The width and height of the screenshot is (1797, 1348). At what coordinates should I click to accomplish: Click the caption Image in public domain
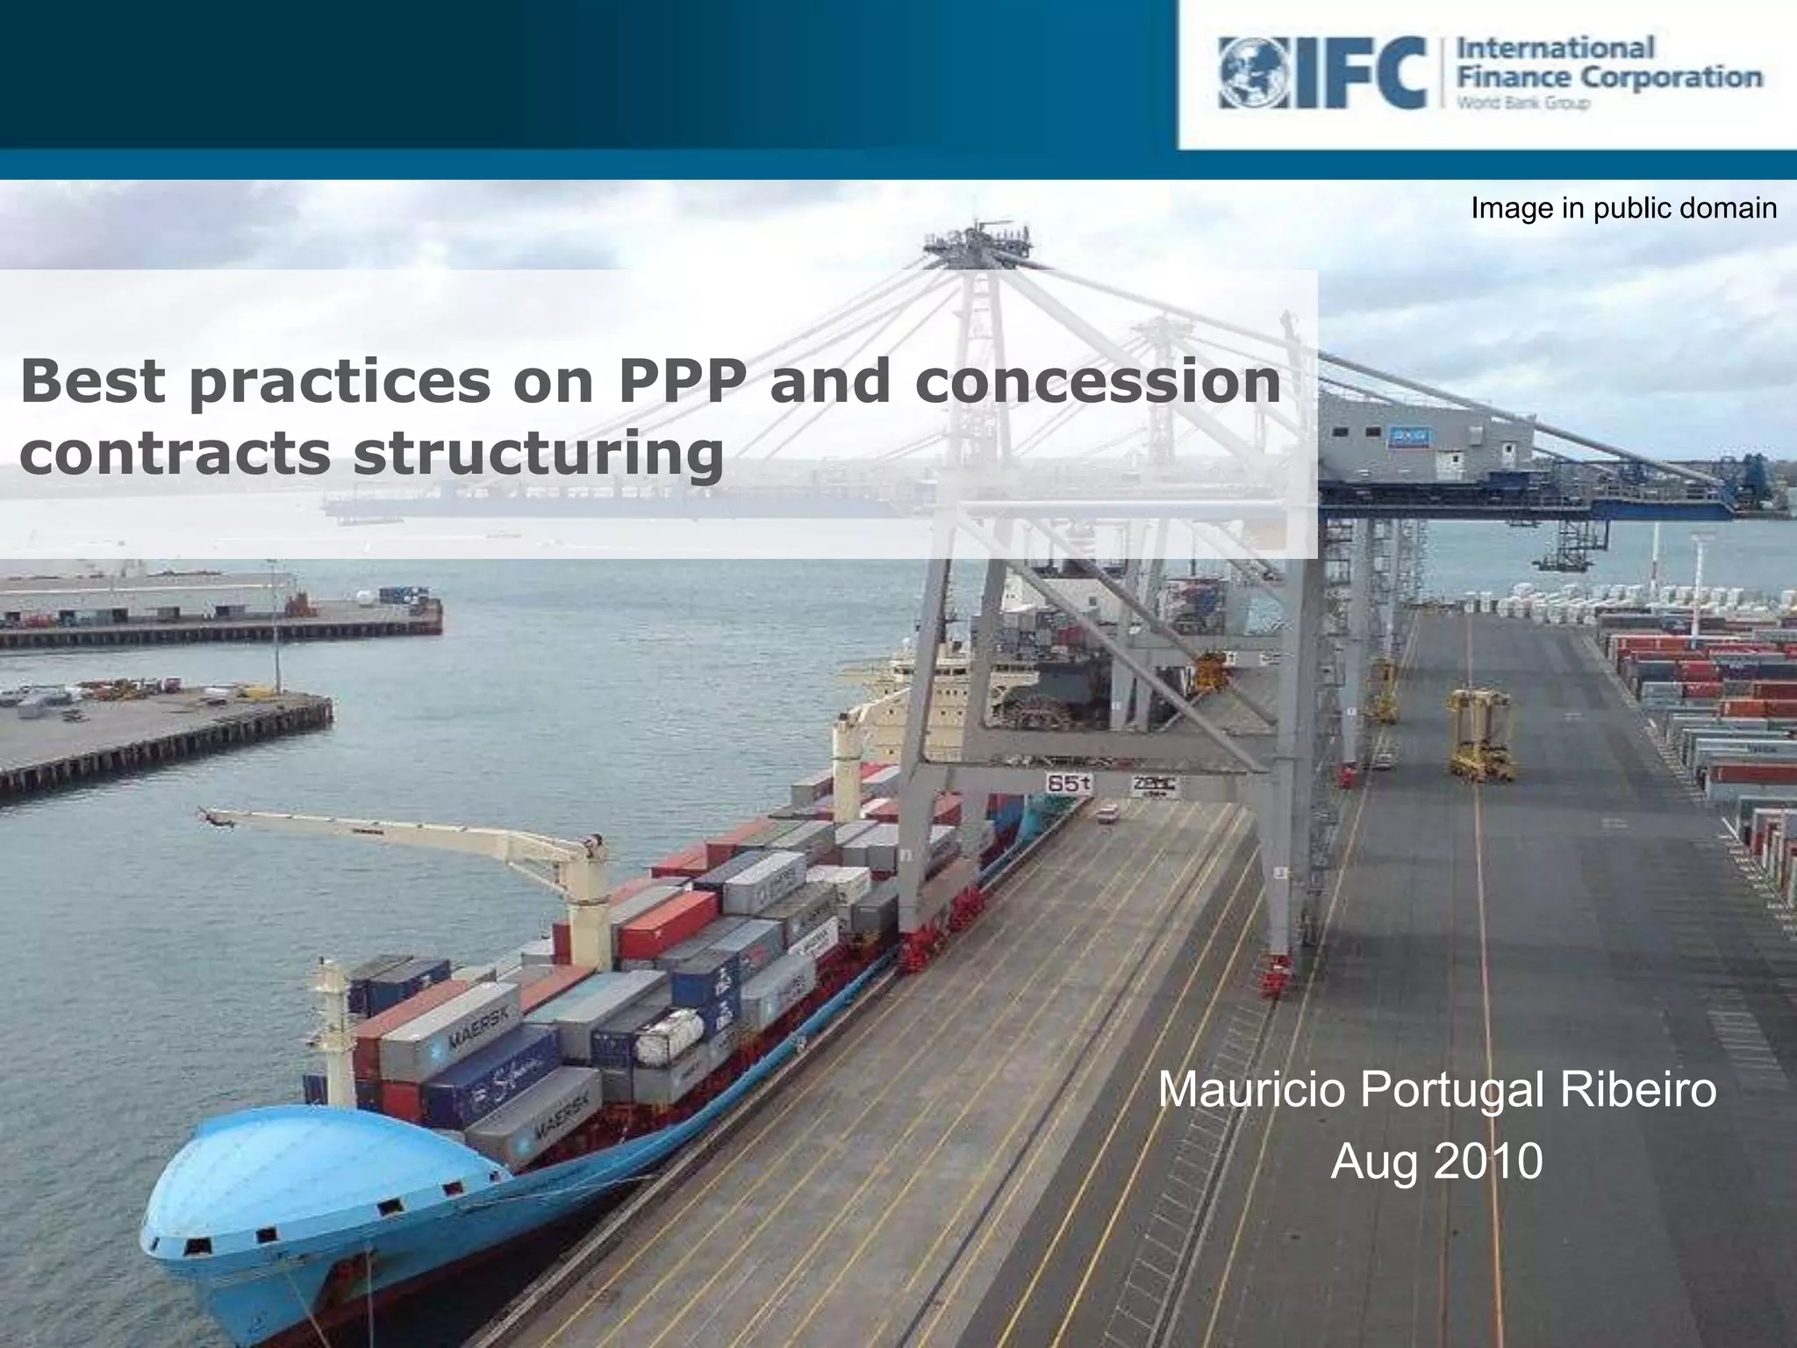coord(1623,208)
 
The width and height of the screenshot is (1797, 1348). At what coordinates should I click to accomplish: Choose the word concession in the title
coord(1097,380)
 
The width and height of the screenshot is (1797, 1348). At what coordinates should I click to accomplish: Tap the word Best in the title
coord(92,380)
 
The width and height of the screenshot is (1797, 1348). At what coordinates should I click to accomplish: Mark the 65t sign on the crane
coord(1068,783)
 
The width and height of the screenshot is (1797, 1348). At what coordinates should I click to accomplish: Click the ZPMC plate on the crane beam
coord(1154,784)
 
